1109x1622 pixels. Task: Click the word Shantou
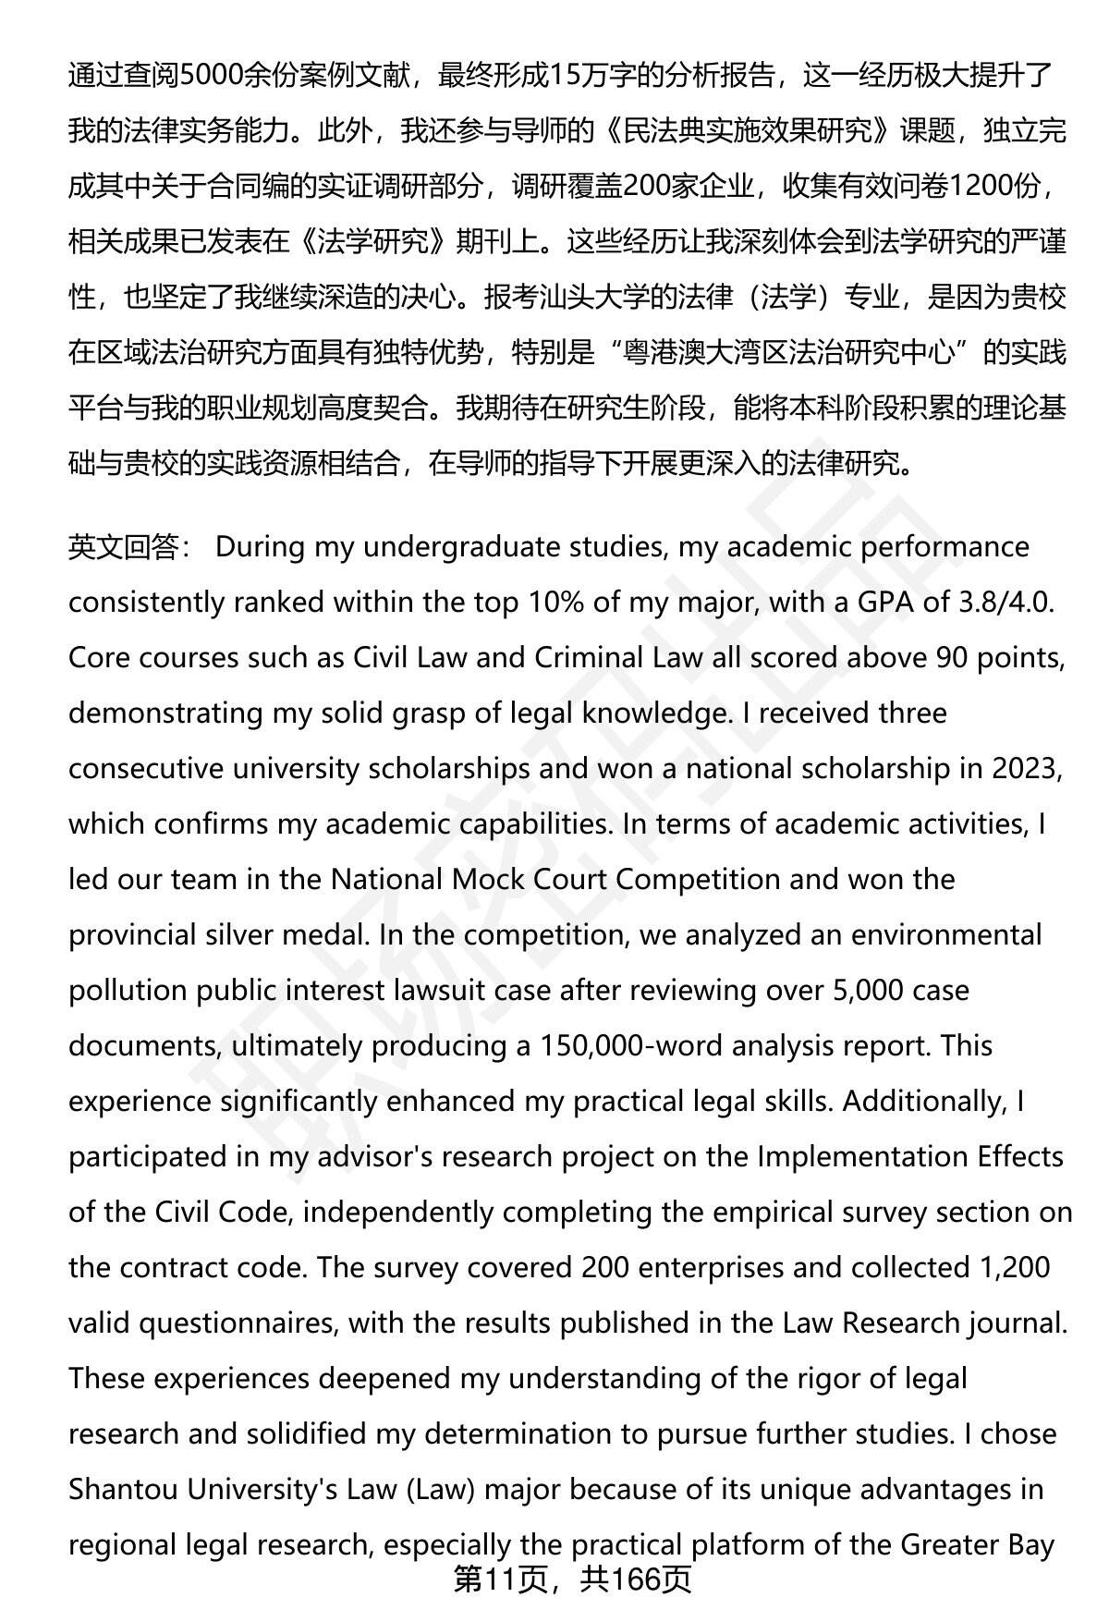(124, 1489)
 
